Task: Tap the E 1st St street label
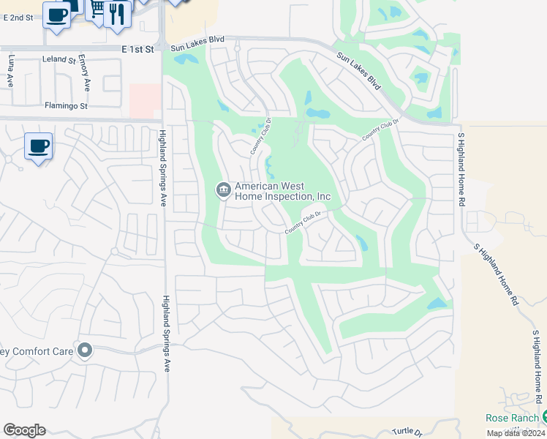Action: [x=139, y=48]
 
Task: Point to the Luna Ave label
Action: [x=11, y=70]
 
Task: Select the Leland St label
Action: [x=59, y=59]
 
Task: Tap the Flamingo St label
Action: [x=66, y=106]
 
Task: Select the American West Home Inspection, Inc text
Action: [x=283, y=192]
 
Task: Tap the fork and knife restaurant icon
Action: [x=116, y=12]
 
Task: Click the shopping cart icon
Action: [x=96, y=9]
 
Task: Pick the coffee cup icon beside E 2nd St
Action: [x=56, y=15]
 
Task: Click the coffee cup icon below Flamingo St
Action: [x=38, y=146]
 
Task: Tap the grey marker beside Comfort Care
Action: [x=86, y=351]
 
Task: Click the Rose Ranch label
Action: [x=513, y=418]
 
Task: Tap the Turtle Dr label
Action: [x=407, y=432]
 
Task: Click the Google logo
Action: [x=24, y=430]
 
